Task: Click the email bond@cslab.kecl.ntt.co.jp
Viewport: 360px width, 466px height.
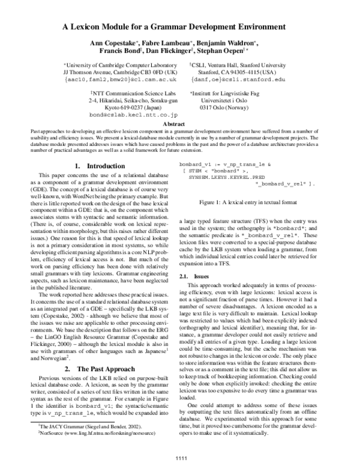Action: [126, 113]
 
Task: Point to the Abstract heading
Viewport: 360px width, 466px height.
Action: [180, 124]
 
